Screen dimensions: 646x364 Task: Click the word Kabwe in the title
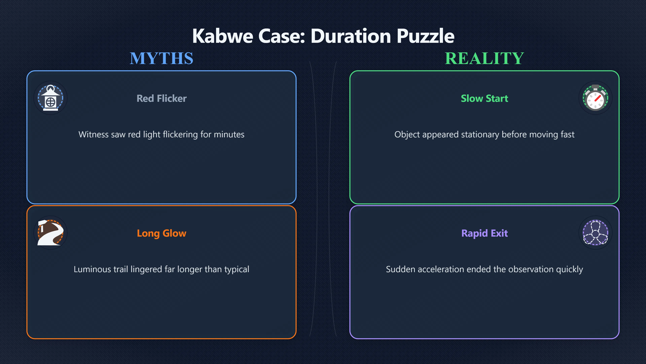pos(223,36)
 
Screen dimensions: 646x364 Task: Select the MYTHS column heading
pos(161,58)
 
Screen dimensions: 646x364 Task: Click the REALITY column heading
pos(484,58)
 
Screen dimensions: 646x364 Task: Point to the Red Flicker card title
pos(161,98)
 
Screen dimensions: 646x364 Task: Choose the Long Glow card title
pos(161,233)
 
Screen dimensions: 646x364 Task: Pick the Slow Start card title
pos(484,98)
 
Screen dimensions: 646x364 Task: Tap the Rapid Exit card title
pos(485,233)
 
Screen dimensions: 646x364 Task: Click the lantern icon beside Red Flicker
pos(50,98)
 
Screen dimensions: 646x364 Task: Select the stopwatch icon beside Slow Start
pos(595,98)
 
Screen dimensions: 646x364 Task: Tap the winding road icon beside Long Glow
pos(50,233)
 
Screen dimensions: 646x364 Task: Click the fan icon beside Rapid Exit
pos(595,233)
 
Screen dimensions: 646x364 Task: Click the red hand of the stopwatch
pos(597,98)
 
